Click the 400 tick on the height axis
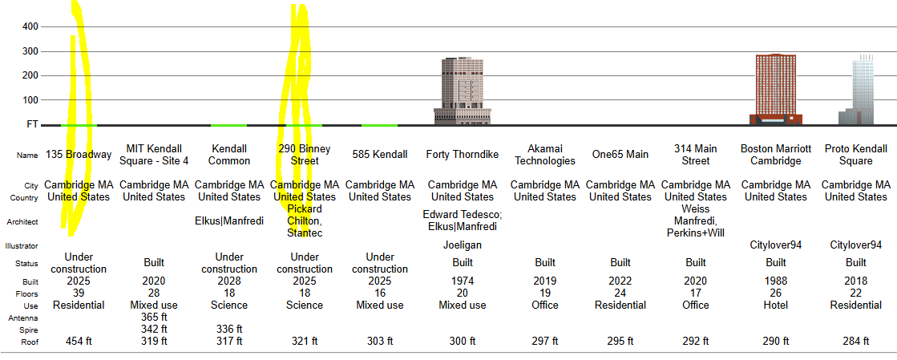(30, 26)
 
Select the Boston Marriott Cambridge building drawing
(776, 90)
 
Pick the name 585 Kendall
(380, 155)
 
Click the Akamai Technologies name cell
(545, 155)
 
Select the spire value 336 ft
(229, 330)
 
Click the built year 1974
(463, 281)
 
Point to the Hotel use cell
(776, 305)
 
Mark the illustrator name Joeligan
(463, 245)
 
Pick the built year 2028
(229, 281)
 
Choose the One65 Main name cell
(620, 155)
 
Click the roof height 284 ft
(856, 341)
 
